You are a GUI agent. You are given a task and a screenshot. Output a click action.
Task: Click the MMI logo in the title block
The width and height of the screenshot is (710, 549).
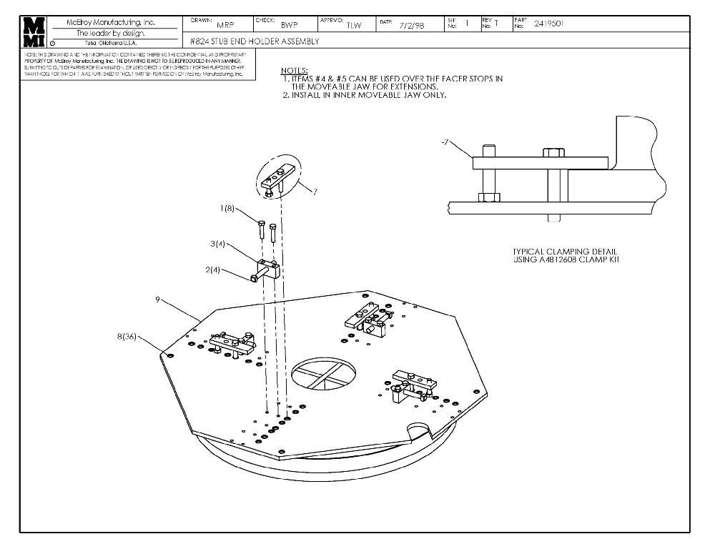click(x=33, y=31)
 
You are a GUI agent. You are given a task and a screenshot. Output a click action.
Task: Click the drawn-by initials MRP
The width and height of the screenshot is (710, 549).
click(x=225, y=25)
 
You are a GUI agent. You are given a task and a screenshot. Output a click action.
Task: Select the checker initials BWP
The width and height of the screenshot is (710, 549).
click(x=289, y=25)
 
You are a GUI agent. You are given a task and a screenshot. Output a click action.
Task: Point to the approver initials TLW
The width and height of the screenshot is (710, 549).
click(x=353, y=26)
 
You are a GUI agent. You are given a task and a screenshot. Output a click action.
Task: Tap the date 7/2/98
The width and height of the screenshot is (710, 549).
click(x=412, y=25)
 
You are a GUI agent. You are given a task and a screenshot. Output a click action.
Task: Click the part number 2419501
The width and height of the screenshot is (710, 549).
click(x=548, y=24)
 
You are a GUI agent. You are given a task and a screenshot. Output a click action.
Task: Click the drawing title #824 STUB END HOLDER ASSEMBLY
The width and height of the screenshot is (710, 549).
click(x=255, y=41)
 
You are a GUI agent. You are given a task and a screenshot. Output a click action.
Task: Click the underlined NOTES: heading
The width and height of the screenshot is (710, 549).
click(x=294, y=70)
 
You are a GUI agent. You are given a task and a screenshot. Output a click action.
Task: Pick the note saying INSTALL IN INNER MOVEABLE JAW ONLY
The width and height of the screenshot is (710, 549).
click(x=365, y=95)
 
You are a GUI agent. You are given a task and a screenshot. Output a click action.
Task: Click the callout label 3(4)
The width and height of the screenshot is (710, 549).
click(x=218, y=244)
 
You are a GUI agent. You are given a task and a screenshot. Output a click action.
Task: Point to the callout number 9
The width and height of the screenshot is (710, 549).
click(x=157, y=300)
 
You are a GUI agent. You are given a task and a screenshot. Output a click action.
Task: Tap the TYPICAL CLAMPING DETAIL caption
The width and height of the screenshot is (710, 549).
click(x=565, y=252)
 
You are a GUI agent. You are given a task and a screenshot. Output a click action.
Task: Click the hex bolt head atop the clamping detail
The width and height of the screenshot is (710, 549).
click(x=553, y=152)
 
